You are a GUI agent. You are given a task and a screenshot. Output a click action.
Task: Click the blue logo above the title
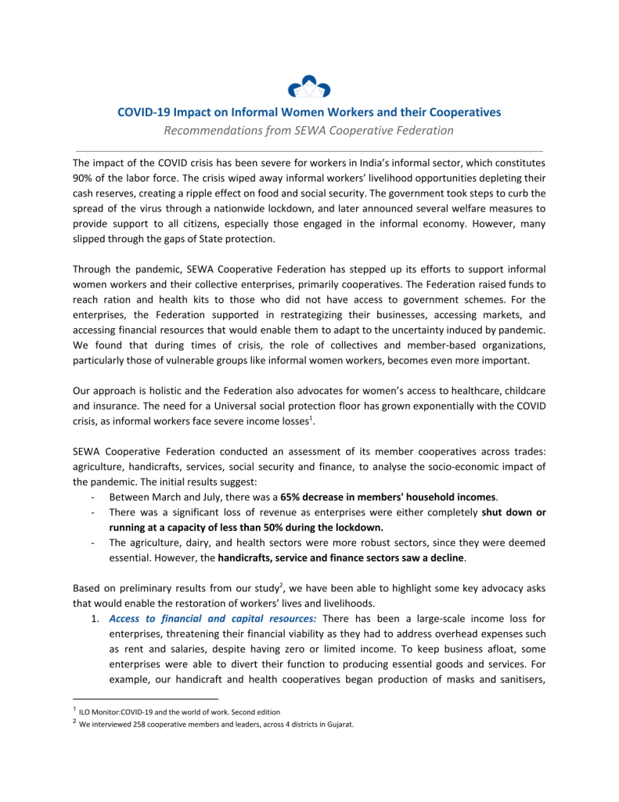point(309,85)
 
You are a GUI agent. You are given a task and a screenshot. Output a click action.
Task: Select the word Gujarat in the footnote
point(337,724)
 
